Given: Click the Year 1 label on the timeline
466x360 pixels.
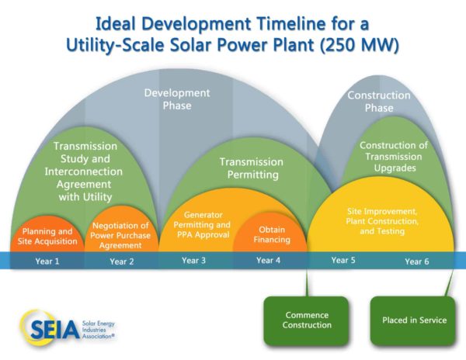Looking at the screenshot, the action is (47, 261).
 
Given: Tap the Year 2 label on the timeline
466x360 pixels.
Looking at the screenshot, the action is (122, 261).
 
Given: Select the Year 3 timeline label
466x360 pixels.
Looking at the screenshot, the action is (193, 260).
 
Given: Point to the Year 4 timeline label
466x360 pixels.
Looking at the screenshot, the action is (269, 260).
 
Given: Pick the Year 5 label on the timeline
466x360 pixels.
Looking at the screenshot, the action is (343, 260).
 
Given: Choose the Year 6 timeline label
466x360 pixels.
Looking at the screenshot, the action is (417, 261).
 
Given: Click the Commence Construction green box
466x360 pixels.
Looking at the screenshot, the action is (307, 321).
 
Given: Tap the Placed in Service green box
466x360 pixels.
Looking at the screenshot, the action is (413, 321).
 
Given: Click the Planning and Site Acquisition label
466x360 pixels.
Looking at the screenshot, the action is (47, 236).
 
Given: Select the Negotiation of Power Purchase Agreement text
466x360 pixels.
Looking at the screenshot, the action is (120, 235).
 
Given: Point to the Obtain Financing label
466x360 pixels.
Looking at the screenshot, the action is (272, 234).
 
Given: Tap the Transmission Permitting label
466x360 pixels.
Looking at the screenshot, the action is (252, 168).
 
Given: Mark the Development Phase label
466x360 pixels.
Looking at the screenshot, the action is (177, 99).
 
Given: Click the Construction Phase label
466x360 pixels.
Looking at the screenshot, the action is (379, 102).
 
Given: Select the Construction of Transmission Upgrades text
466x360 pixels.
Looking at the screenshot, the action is (394, 157).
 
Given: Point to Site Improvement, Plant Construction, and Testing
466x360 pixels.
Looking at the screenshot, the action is (382, 221).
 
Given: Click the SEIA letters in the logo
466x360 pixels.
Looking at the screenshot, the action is (55, 330).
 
